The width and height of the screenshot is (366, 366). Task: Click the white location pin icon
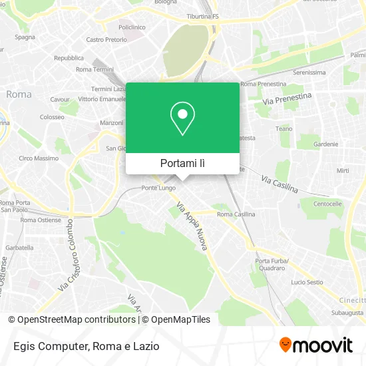click(x=182, y=118)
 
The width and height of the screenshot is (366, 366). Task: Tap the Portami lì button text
click(x=182, y=163)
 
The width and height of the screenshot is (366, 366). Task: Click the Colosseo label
click(x=51, y=116)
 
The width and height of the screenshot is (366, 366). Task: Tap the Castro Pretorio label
click(x=106, y=40)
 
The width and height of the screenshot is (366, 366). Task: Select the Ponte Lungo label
click(x=158, y=188)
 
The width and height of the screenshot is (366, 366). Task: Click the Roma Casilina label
click(x=236, y=214)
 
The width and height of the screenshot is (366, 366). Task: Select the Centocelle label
click(x=327, y=203)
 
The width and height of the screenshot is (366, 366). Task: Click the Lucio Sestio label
click(x=307, y=282)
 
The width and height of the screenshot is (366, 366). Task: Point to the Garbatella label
click(x=19, y=247)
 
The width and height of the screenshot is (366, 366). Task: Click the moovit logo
click(x=315, y=345)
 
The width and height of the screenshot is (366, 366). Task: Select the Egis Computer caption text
click(x=83, y=345)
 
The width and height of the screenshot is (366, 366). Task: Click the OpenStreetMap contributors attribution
click(x=73, y=319)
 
